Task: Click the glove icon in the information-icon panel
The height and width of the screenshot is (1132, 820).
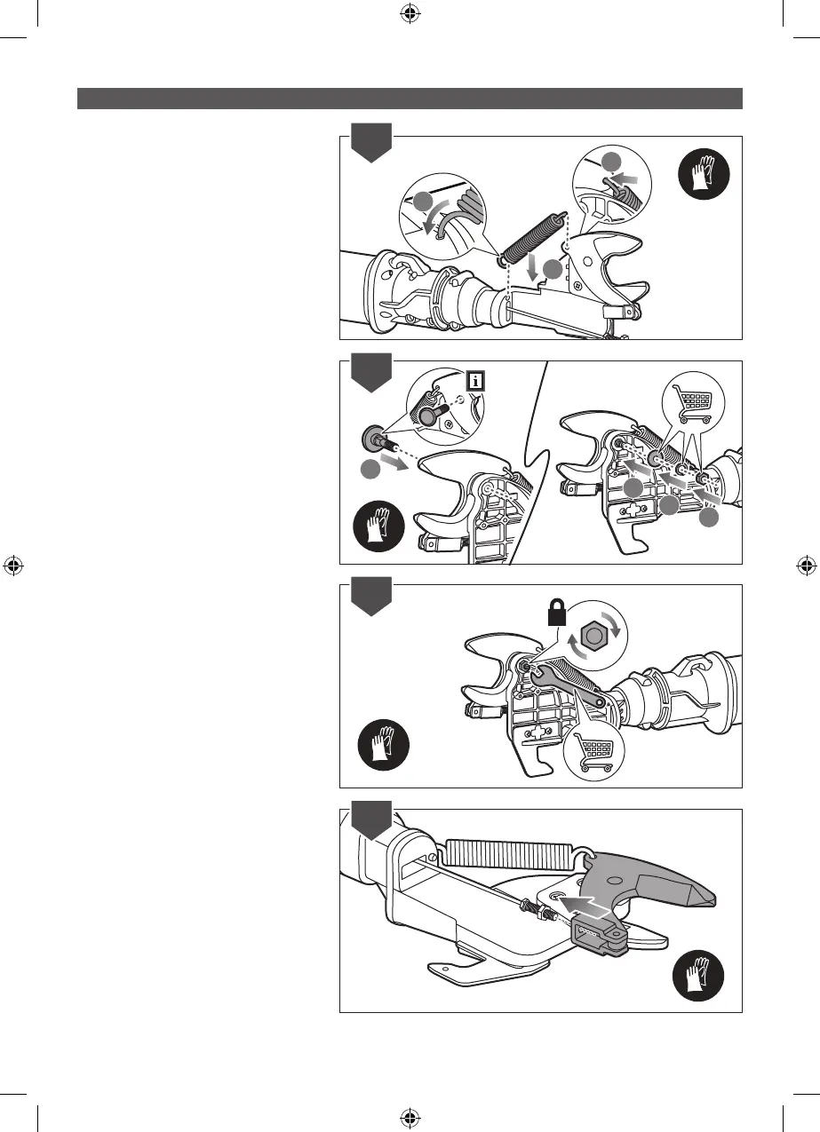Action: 378,527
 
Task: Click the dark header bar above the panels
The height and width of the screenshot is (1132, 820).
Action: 410,98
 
